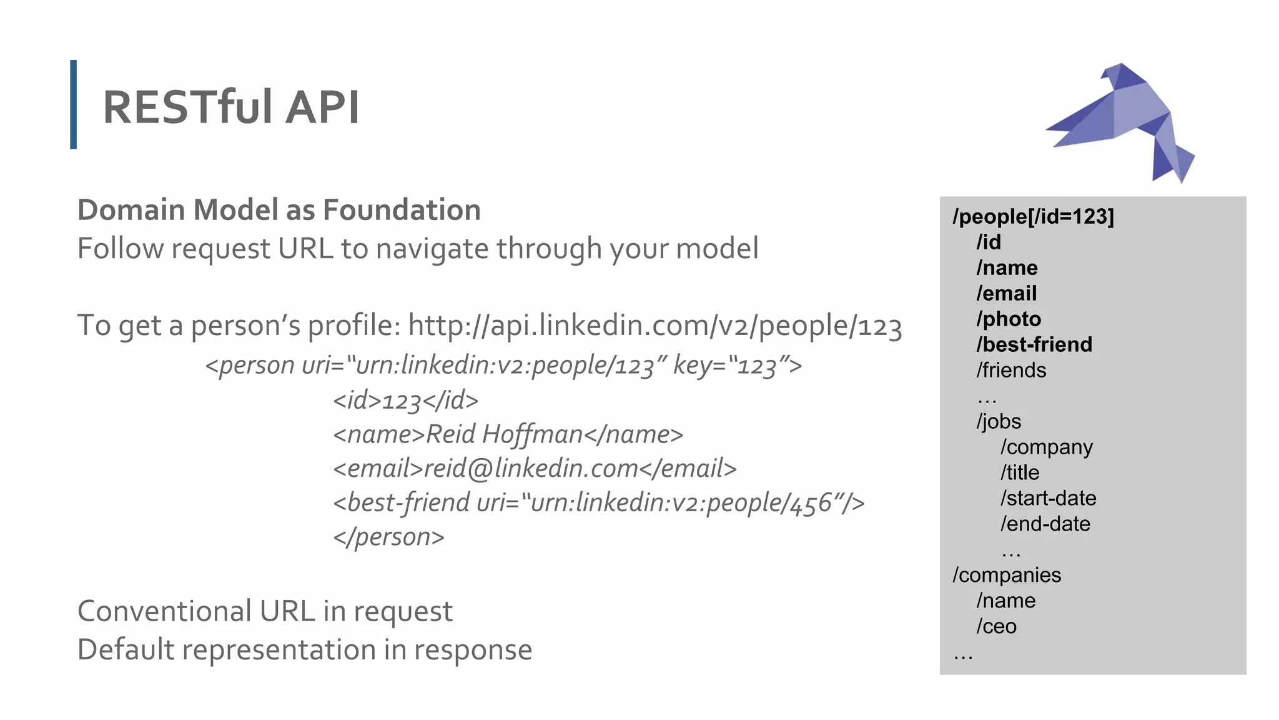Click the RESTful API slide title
(230, 107)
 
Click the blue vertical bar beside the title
(74, 104)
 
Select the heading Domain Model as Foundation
(279, 210)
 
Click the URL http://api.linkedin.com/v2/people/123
(654, 326)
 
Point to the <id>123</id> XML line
(406, 401)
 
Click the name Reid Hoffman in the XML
(504, 434)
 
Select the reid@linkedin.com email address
(531, 469)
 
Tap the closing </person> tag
(388, 537)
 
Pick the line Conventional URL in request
(265, 611)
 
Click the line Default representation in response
(305, 650)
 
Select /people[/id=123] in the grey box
(1033, 216)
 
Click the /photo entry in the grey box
(1009, 319)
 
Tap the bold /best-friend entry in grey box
(1034, 344)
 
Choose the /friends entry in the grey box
(1011, 370)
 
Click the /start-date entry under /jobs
(1048, 498)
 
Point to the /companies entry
(1007, 575)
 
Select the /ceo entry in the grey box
(996, 626)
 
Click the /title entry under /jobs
(1020, 472)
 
